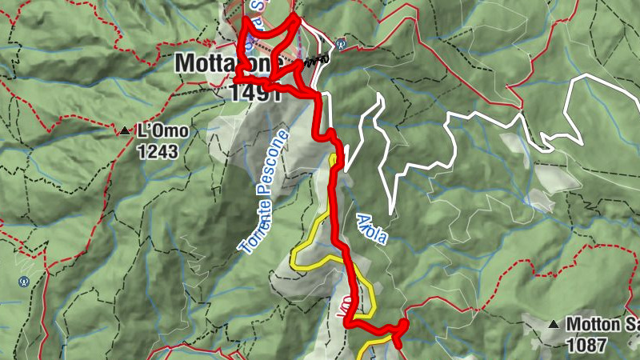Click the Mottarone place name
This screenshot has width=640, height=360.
tap(228, 62)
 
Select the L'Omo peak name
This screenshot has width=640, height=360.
tap(163, 130)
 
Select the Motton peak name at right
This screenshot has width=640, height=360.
tap(601, 325)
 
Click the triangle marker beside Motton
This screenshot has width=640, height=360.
tap(554, 325)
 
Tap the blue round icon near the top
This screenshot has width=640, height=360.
tap(342, 43)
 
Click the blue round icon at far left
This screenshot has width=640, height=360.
tap(24, 282)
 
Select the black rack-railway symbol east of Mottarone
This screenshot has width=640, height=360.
tap(314, 62)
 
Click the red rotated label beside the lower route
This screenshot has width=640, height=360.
tap(349, 310)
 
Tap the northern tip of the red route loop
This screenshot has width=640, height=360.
tap(294, 16)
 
